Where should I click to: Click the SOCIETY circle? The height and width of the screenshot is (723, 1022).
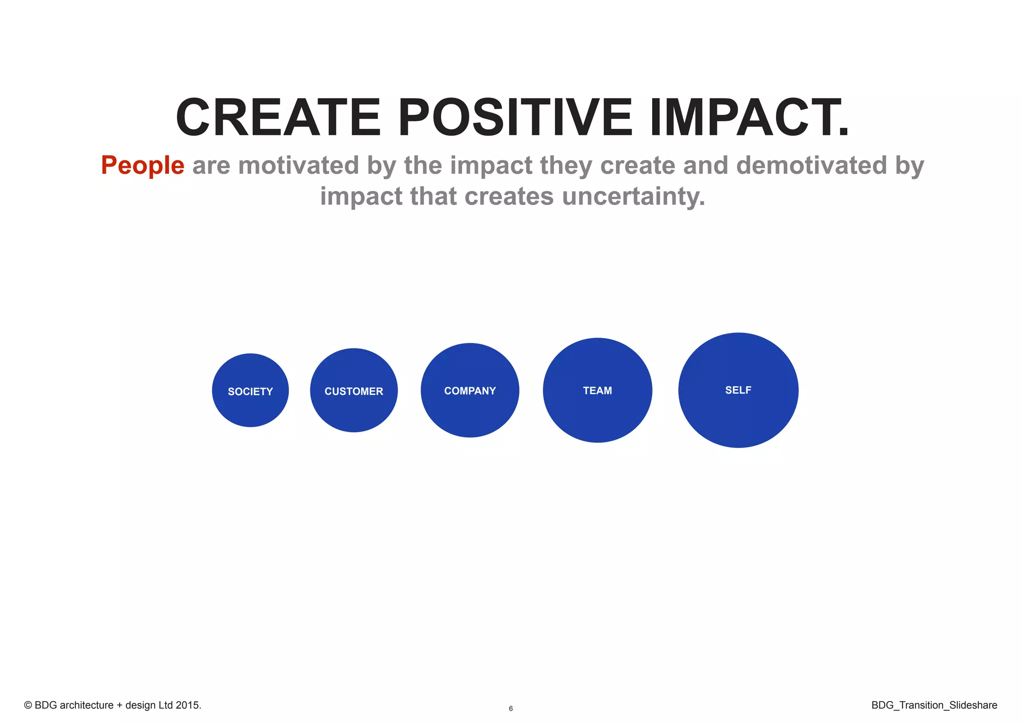tap(250, 390)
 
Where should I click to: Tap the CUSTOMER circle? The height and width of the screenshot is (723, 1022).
tap(354, 390)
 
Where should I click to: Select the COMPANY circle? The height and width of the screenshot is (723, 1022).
tap(470, 390)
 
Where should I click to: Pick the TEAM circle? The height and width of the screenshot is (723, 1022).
tap(597, 390)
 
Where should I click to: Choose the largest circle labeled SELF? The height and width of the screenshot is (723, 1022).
tap(738, 390)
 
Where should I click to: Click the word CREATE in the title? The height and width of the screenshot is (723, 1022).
tap(278, 118)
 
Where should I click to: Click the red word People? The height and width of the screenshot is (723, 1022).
tap(143, 166)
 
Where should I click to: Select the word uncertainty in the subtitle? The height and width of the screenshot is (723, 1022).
tap(629, 196)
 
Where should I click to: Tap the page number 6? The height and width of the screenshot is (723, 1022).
tap(511, 709)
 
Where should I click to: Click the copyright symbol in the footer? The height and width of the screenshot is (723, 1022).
tap(28, 706)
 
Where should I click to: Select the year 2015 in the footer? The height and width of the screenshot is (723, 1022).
tap(187, 706)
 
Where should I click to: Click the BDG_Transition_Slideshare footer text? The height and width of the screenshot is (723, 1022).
tap(934, 706)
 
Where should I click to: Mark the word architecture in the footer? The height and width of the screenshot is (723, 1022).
tap(87, 706)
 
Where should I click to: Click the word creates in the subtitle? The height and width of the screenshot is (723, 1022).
tap(509, 196)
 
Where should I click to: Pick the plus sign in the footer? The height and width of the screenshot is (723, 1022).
tap(119, 706)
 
